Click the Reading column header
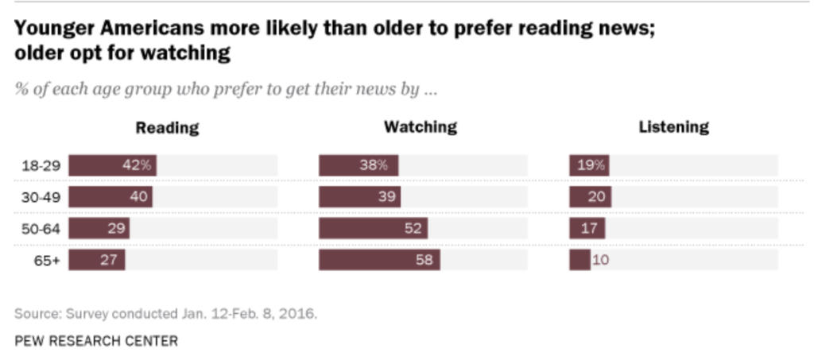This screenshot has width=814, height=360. [x=167, y=127]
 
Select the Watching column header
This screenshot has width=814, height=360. [x=421, y=127]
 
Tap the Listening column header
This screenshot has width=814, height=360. [x=674, y=127]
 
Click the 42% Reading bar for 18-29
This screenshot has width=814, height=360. [x=112, y=166]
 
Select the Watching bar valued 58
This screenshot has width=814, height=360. [x=379, y=261]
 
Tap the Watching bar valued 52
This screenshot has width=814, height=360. [x=373, y=229]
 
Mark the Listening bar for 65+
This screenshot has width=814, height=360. [x=579, y=261]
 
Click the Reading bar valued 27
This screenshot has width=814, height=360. [x=96, y=261]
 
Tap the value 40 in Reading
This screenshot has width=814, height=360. [x=138, y=197]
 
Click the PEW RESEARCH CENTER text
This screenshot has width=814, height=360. [x=96, y=341]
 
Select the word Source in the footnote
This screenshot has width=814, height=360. [x=34, y=313]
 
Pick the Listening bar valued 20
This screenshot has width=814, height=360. [x=590, y=197]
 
